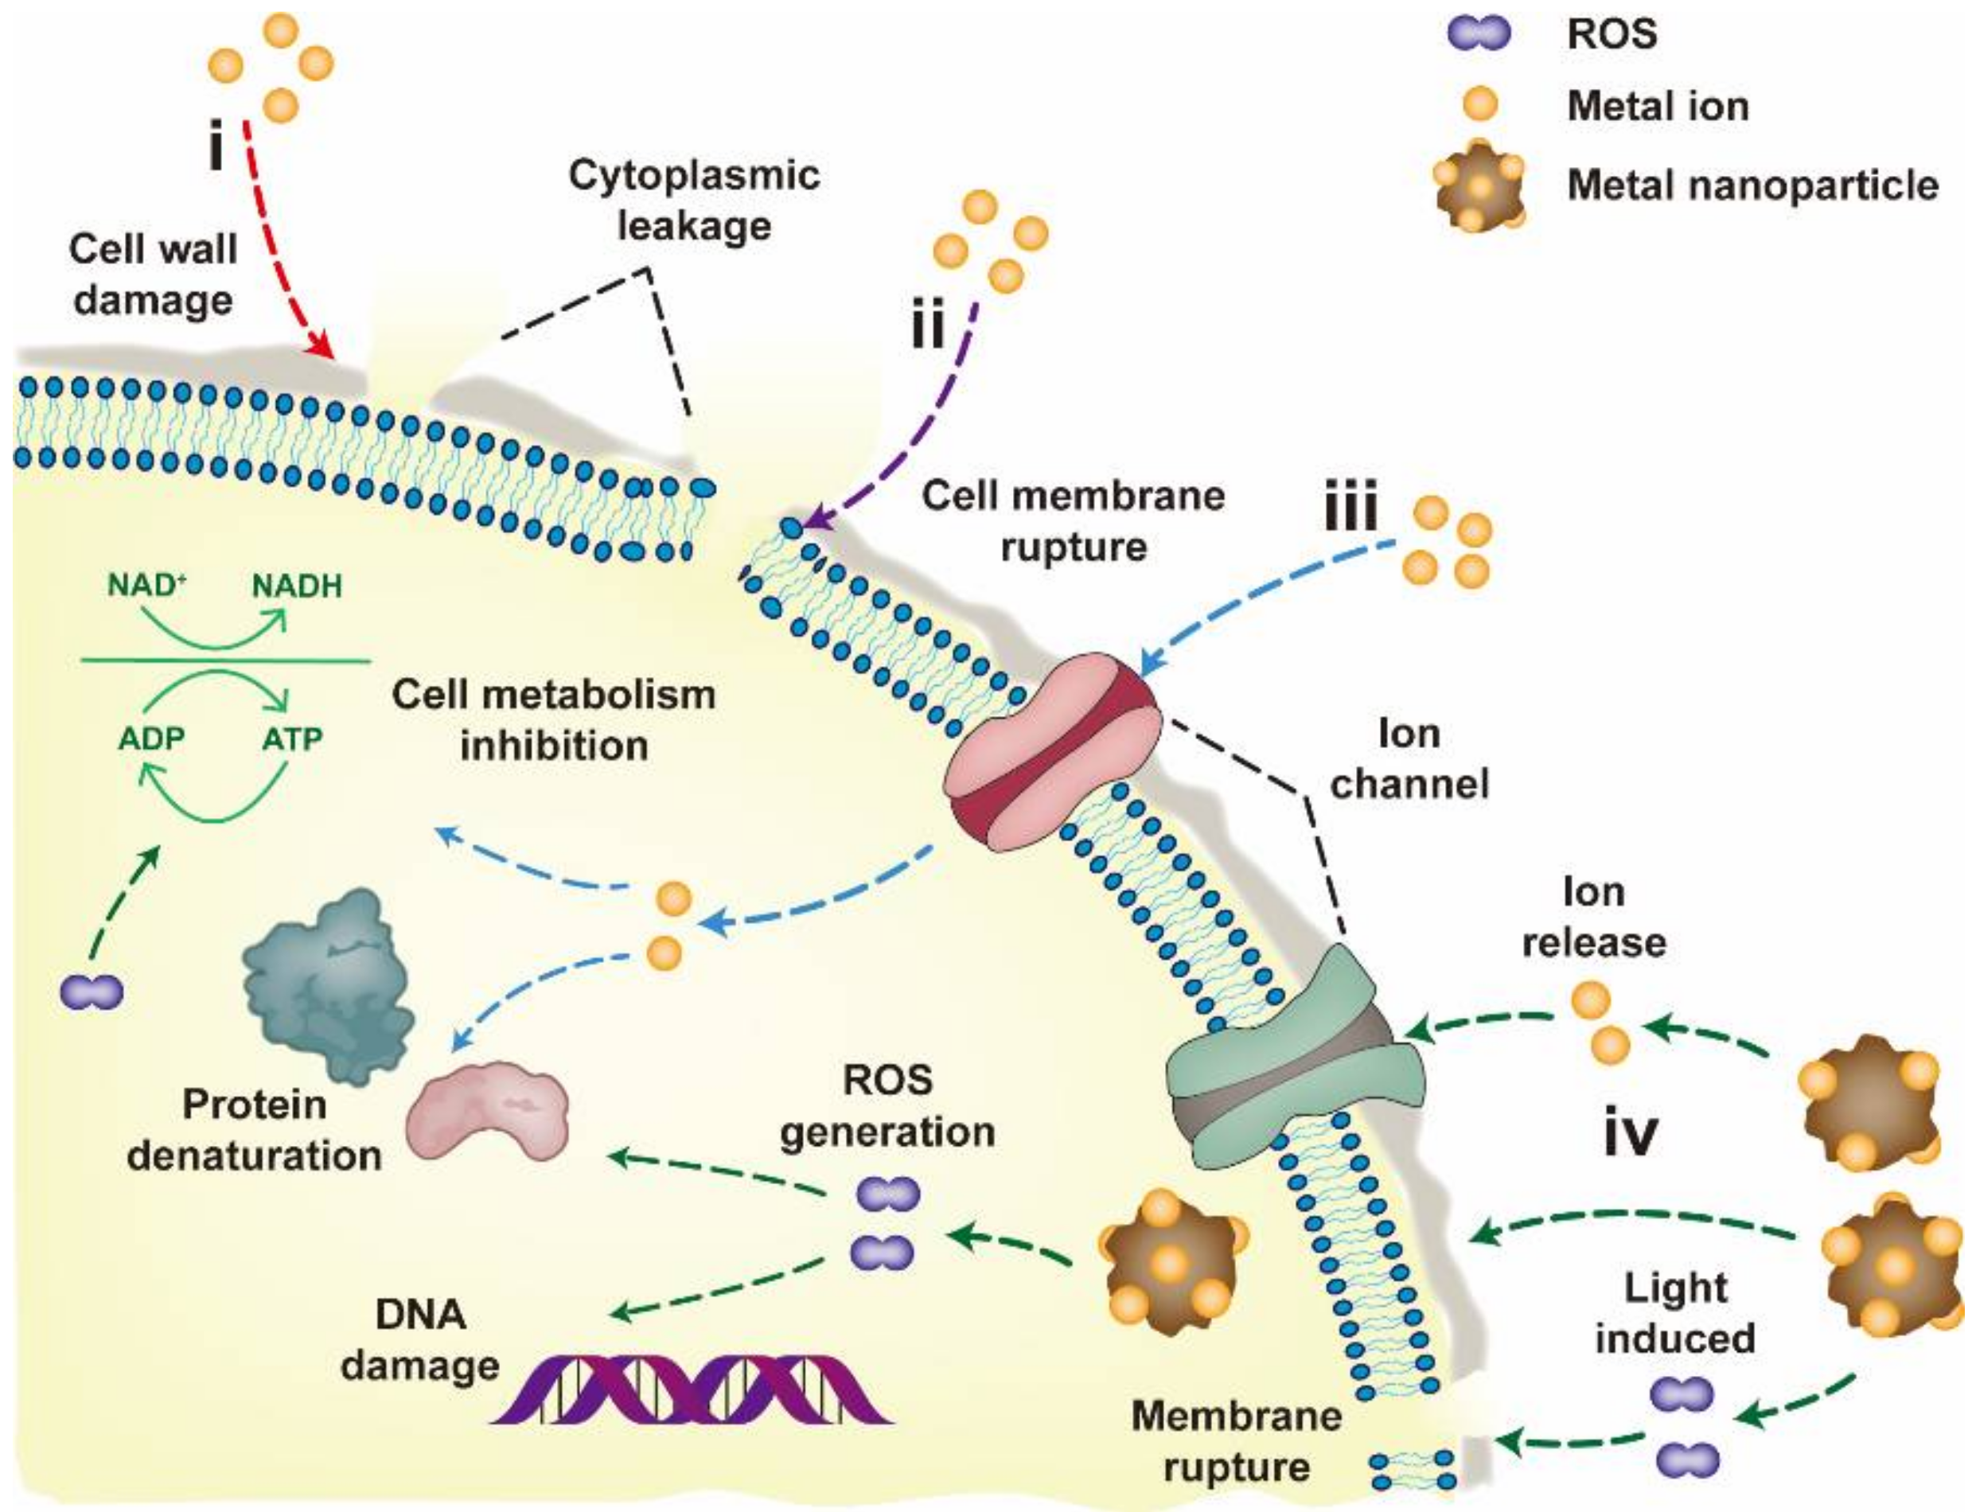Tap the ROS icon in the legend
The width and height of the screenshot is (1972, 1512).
coord(1478,33)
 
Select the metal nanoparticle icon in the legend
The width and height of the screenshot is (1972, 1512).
coord(1479,185)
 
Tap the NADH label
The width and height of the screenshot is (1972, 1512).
coord(297,586)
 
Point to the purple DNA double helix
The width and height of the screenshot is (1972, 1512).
coord(692,1390)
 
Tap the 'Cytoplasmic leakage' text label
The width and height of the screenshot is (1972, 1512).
coord(693,200)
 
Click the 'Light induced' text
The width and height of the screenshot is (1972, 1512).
coord(1675,1313)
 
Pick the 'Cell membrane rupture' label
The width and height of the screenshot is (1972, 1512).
coord(1073,520)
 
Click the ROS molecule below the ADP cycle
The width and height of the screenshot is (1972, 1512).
coord(92,992)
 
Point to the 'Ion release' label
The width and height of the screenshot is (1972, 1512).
coord(1593,916)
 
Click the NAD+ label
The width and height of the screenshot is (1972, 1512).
coord(146,586)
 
